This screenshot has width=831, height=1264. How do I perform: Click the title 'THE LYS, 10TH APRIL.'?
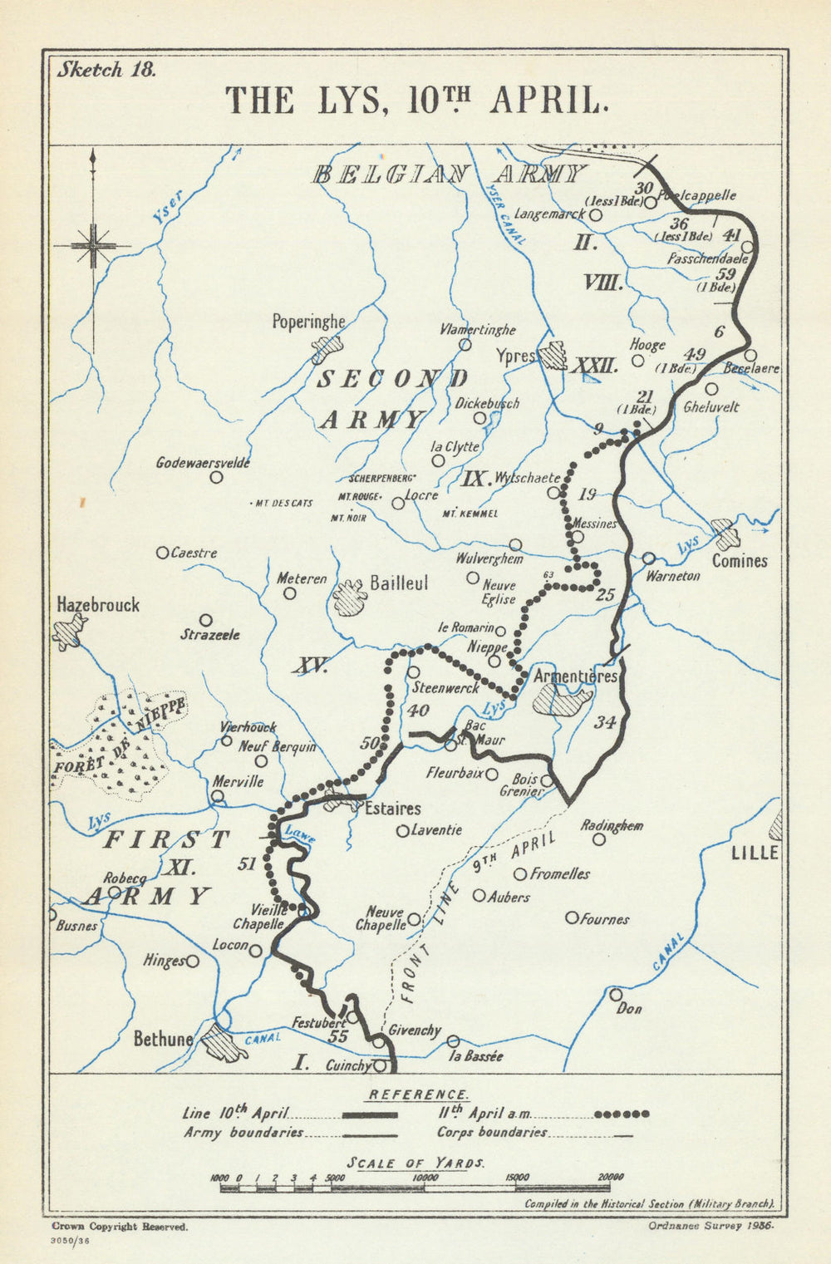point(418,100)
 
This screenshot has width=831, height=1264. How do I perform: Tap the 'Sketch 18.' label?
point(106,70)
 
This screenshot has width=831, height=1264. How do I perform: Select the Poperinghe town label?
point(308,321)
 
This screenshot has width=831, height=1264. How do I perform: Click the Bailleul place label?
point(399,583)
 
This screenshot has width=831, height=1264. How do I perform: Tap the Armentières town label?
point(575,676)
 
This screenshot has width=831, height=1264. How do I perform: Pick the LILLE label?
point(755,853)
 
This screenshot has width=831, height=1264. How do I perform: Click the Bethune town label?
point(163,1039)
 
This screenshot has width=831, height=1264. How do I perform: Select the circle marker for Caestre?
point(163,553)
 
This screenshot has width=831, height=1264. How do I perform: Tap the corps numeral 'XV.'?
point(309,666)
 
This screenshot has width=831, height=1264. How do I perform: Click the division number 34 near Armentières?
point(604,722)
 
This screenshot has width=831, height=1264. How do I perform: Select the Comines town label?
point(739,561)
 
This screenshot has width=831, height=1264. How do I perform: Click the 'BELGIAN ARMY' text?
point(449,175)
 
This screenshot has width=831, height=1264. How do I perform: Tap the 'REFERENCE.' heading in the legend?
point(419,1094)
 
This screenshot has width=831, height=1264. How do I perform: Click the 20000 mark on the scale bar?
point(610,1178)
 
